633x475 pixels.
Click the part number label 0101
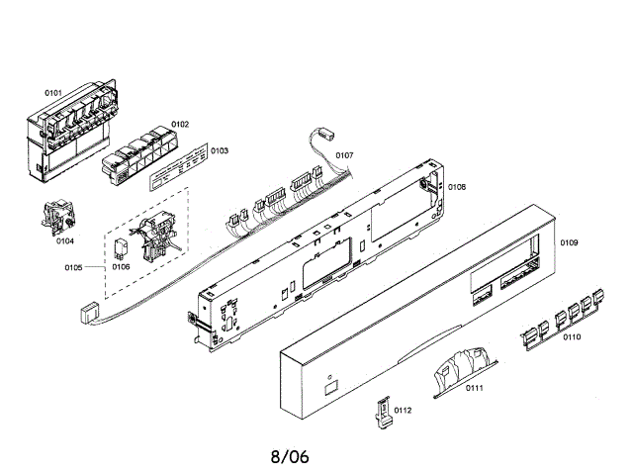pos(53,93)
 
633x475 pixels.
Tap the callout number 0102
pos(179,125)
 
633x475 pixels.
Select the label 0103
pos(219,151)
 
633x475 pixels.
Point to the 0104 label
pos(64,240)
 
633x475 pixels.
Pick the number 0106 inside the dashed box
pos(121,266)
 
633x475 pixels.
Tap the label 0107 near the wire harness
pos(344,155)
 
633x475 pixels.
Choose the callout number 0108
pos(456,187)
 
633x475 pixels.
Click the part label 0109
pos(569,242)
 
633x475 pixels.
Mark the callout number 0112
pos(403,410)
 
